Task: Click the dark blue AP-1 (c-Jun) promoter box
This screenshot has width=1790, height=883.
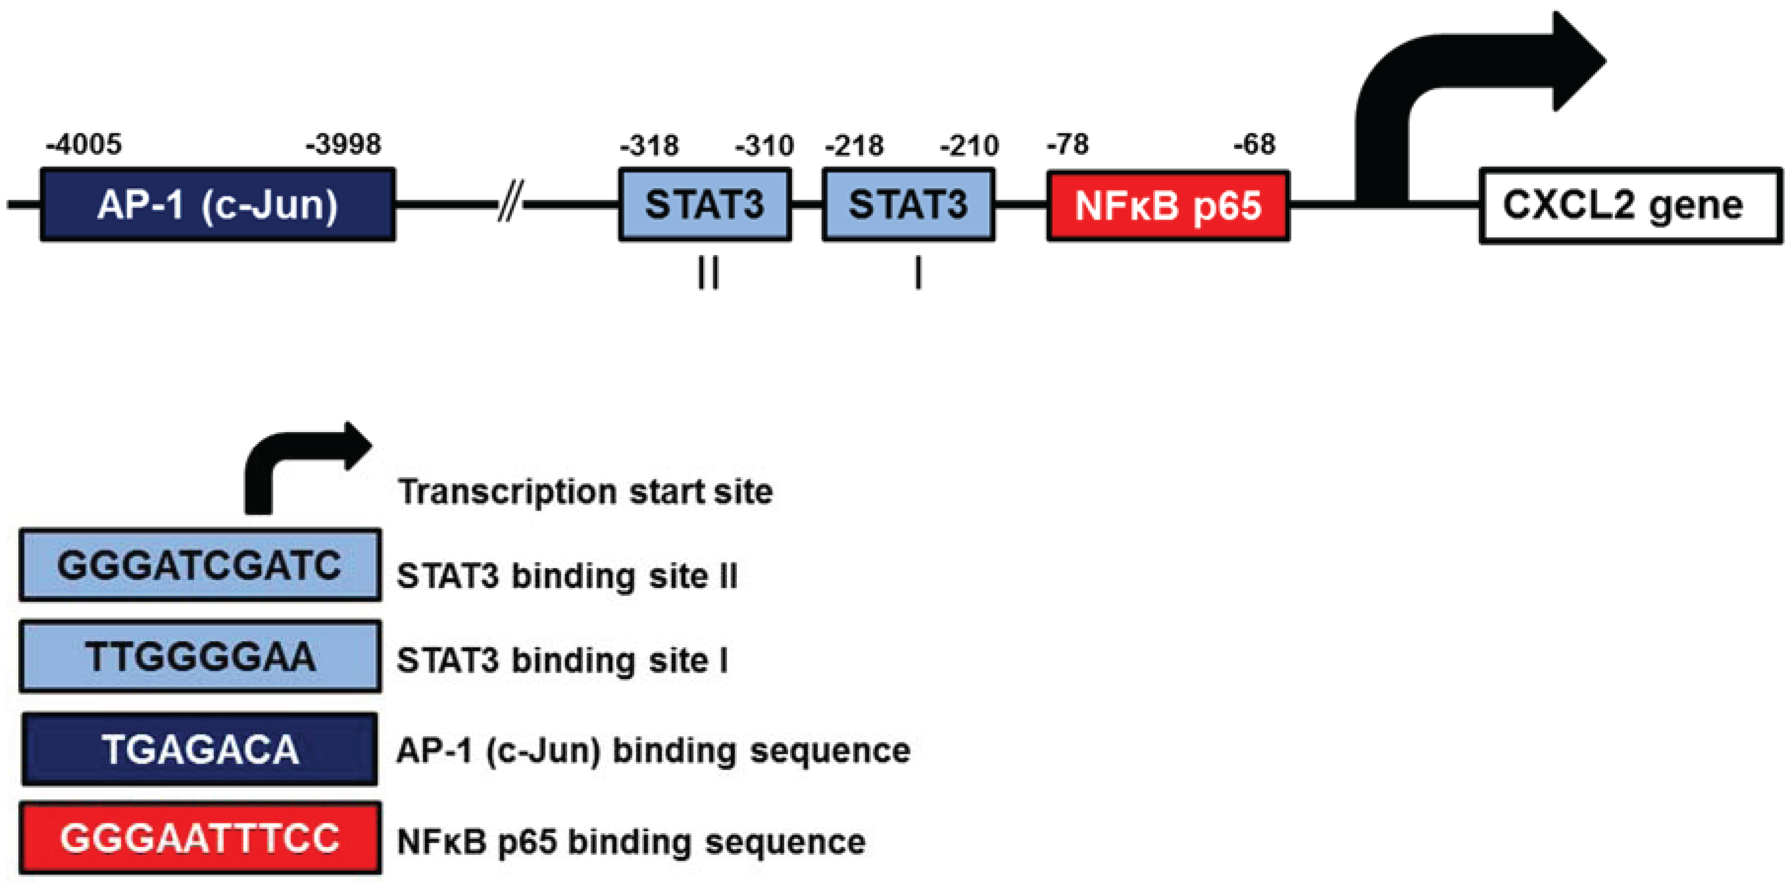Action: tap(218, 205)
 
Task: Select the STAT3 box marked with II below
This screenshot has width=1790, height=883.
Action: tap(704, 205)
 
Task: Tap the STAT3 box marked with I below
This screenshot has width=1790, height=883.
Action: tap(908, 205)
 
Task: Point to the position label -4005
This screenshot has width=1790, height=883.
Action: tap(84, 145)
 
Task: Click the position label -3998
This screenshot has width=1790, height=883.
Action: tap(343, 145)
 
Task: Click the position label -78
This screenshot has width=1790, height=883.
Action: tap(1068, 145)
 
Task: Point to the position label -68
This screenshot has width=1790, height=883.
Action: tap(1254, 145)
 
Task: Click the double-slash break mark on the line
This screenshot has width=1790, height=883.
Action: tap(511, 202)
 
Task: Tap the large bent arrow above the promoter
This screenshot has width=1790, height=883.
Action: tap(1459, 76)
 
